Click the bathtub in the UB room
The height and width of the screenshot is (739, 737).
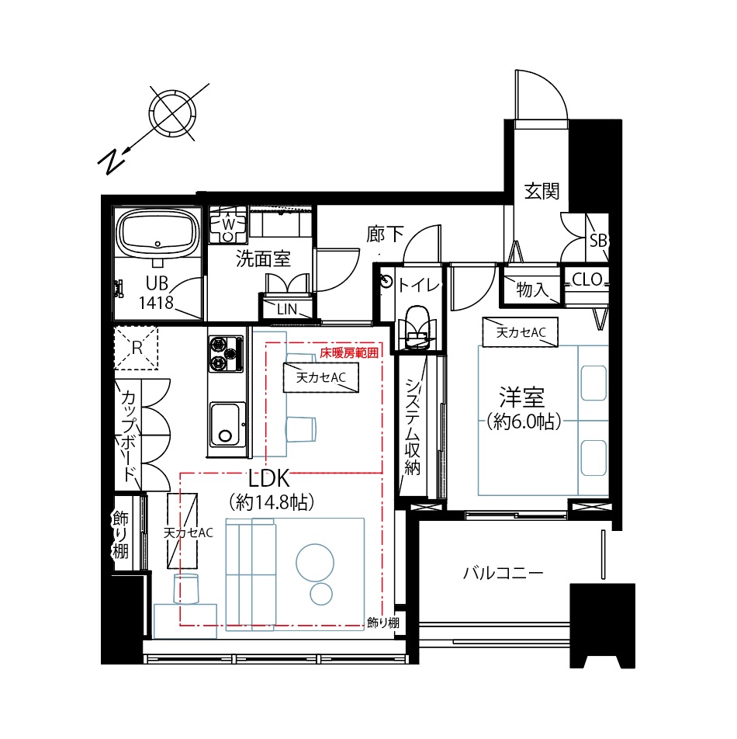[157, 233]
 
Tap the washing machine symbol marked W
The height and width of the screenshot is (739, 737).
[228, 224]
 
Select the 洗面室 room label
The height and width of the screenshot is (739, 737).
[263, 258]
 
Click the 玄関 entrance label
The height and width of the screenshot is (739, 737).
[542, 191]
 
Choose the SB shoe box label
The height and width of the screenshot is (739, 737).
[598, 241]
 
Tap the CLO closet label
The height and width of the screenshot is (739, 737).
[587, 279]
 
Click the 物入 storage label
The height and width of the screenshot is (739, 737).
[532, 290]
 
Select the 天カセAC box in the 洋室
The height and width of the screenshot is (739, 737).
[521, 332]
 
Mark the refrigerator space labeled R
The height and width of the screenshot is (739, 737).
[136, 349]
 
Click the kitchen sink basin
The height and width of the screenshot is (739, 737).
[227, 425]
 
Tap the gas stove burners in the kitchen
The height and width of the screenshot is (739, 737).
[226, 353]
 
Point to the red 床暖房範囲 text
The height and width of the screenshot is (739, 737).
[349, 353]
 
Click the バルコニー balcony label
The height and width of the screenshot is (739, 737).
[503, 573]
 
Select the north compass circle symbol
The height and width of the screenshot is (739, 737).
[172, 113]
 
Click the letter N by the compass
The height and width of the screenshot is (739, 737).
[112, 161]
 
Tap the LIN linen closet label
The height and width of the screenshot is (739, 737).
[287, 309]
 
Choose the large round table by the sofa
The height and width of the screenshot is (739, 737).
[315, 563]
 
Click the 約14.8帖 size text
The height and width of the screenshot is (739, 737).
[272, 502]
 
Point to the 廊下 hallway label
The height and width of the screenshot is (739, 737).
[386, 234]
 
